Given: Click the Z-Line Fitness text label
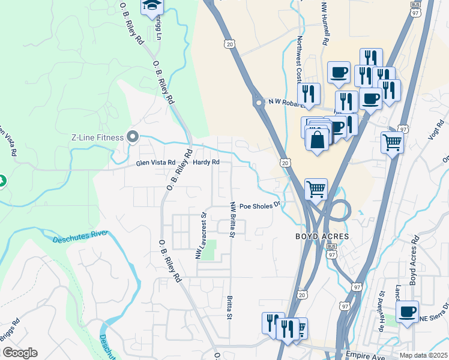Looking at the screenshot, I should click(97, 137).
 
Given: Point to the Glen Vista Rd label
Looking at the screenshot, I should click(155, 163).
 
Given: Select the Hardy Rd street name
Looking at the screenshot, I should click(206, 163).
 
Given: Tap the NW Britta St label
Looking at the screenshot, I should click(231, 219).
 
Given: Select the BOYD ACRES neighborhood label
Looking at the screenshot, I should click(322, 236).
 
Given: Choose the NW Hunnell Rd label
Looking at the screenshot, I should click(325, 24).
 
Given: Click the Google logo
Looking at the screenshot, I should click(20, 353).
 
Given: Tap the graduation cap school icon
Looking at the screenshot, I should click(152, 7).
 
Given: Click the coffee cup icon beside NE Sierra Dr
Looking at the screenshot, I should click(407, 312).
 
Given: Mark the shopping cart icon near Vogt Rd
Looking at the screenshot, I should click(392, 143).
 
